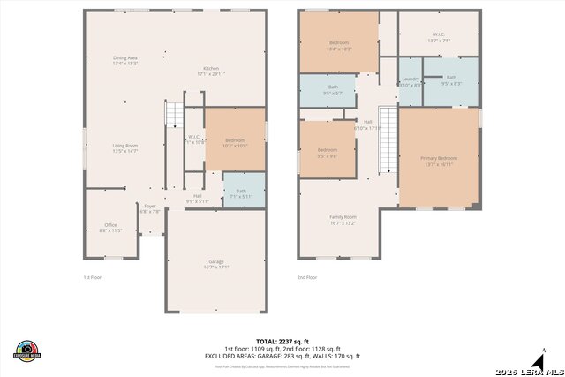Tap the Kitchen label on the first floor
pyautogui.click(x=211, y=72)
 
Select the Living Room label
pyautogui.click(x=124, y=148)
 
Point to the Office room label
pyautogui.click(x=110, y=228)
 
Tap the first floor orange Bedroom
pyautogui.click(x=235, y=142)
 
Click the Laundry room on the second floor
pyautogui.click(x=411, y=82)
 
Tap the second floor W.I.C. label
pyautogui.click(x=439, y=38)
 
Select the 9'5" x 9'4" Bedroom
pyautogui.click(x=327, y=153)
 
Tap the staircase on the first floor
pyautogui.click(x=174, y=115)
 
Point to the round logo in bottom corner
pyautogui.click(x=28, y=351)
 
